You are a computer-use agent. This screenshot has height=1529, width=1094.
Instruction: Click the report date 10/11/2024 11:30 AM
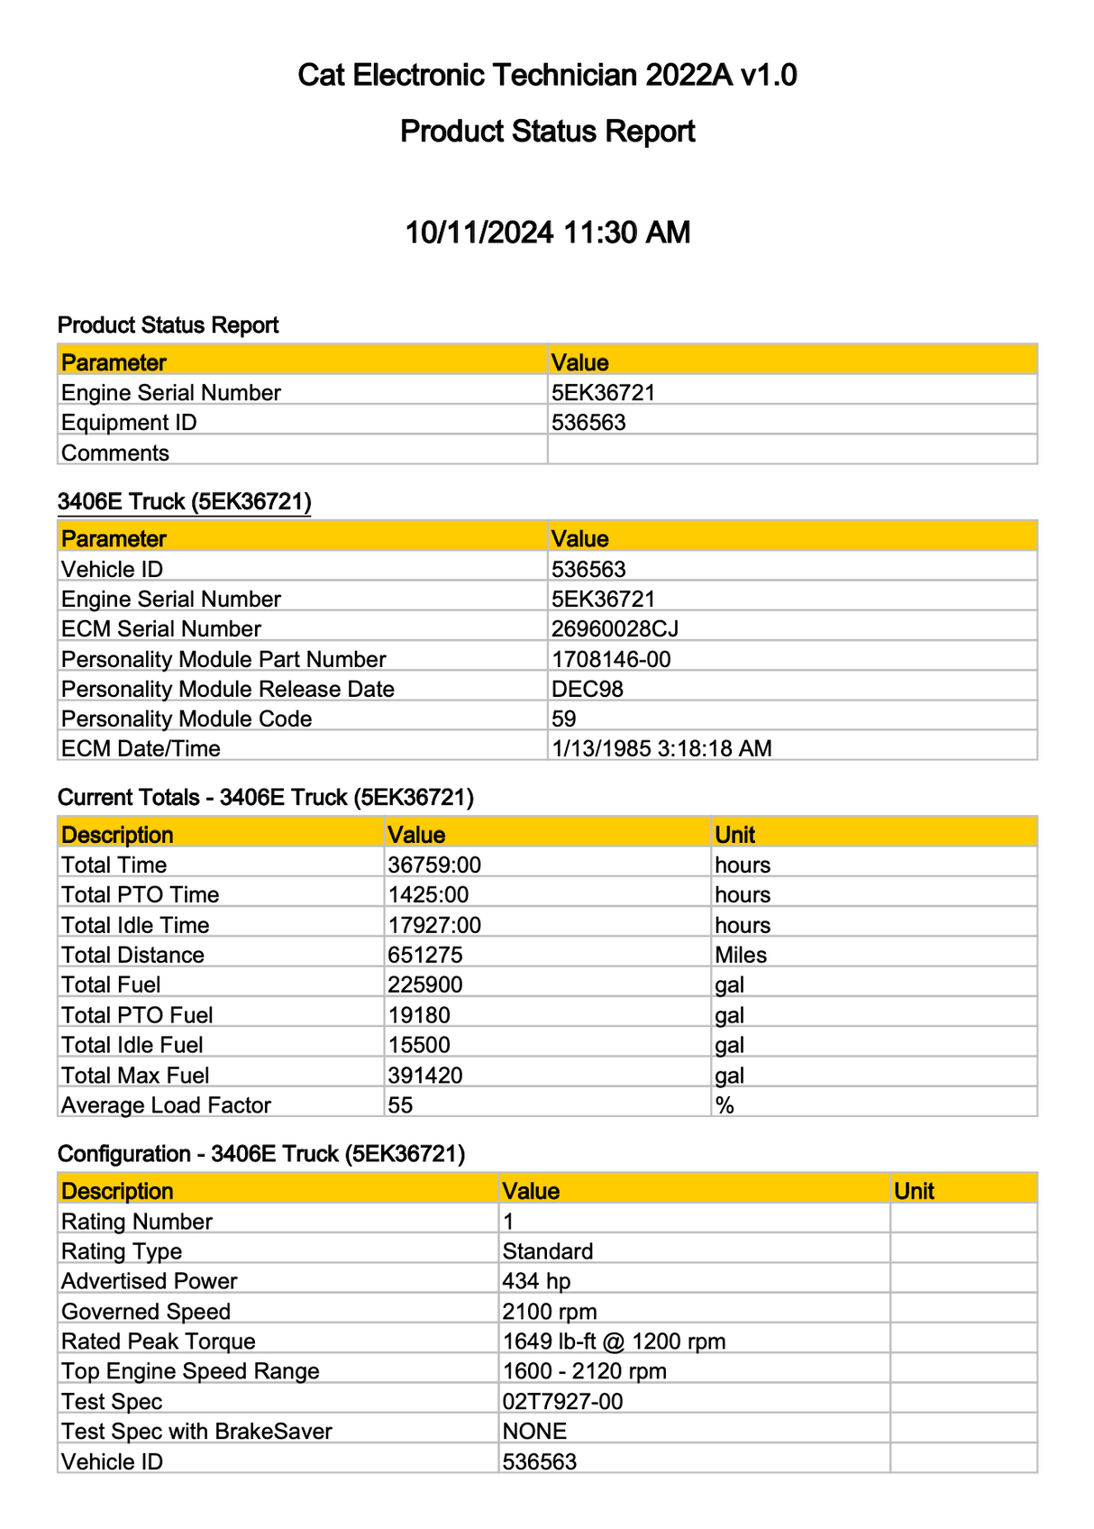547,233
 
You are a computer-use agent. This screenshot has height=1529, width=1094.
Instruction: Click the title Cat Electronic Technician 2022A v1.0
547,75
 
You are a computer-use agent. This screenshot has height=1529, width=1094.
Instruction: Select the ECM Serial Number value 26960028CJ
615,629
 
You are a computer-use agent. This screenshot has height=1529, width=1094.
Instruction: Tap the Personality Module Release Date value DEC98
588,690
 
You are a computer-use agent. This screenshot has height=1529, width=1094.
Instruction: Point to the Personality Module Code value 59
564,719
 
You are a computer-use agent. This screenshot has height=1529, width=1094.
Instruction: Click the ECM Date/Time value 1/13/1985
661,749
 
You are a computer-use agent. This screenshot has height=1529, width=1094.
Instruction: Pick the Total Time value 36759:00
434,865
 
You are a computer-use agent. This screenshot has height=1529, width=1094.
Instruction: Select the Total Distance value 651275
425,956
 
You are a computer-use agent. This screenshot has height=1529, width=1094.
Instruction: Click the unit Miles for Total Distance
741,956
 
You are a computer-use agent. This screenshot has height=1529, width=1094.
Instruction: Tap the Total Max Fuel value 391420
425,1076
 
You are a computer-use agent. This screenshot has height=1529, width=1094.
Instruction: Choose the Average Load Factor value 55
400,1105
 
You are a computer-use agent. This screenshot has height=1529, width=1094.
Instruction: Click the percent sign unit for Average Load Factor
725,1105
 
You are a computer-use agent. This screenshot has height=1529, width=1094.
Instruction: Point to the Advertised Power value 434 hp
536,1282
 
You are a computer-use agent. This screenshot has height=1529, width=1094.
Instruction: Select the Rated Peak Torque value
614,1341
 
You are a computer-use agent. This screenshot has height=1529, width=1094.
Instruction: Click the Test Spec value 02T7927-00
562,1402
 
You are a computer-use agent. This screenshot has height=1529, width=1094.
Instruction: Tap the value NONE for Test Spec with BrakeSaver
534,1432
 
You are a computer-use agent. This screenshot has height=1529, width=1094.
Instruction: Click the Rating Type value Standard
548,1251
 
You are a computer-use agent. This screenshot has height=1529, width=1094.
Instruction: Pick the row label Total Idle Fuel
132,1046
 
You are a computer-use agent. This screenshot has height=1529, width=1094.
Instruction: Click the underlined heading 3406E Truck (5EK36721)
184,502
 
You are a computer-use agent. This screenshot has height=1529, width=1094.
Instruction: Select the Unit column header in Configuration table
914,1192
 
